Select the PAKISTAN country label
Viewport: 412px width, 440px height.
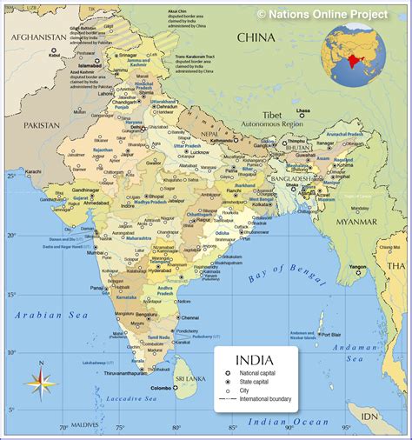(41, 125)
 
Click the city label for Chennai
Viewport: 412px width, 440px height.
(190, 318)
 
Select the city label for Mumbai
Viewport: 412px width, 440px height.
(95, 253)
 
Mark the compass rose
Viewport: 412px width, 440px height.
(41, 381)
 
